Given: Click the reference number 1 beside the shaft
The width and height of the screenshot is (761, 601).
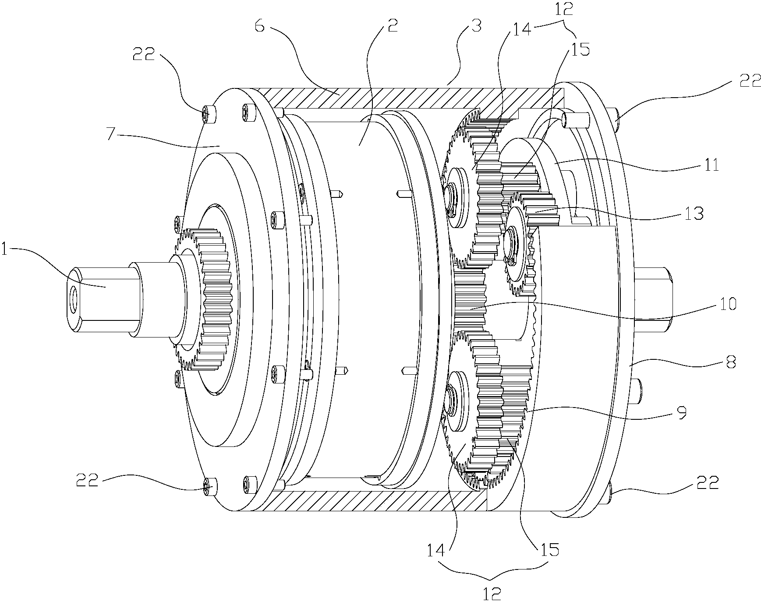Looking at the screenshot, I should (x=5, y=250).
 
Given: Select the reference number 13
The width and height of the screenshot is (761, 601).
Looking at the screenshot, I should (x=695, y=214).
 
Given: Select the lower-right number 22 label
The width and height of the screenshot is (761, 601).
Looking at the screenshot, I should (x=708, y=482).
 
